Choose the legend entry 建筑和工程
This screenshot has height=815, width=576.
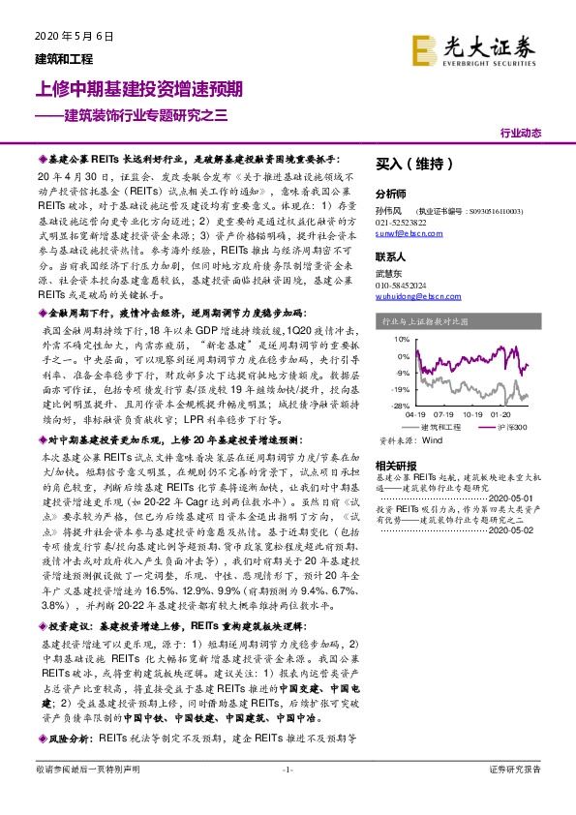(441, 427)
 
